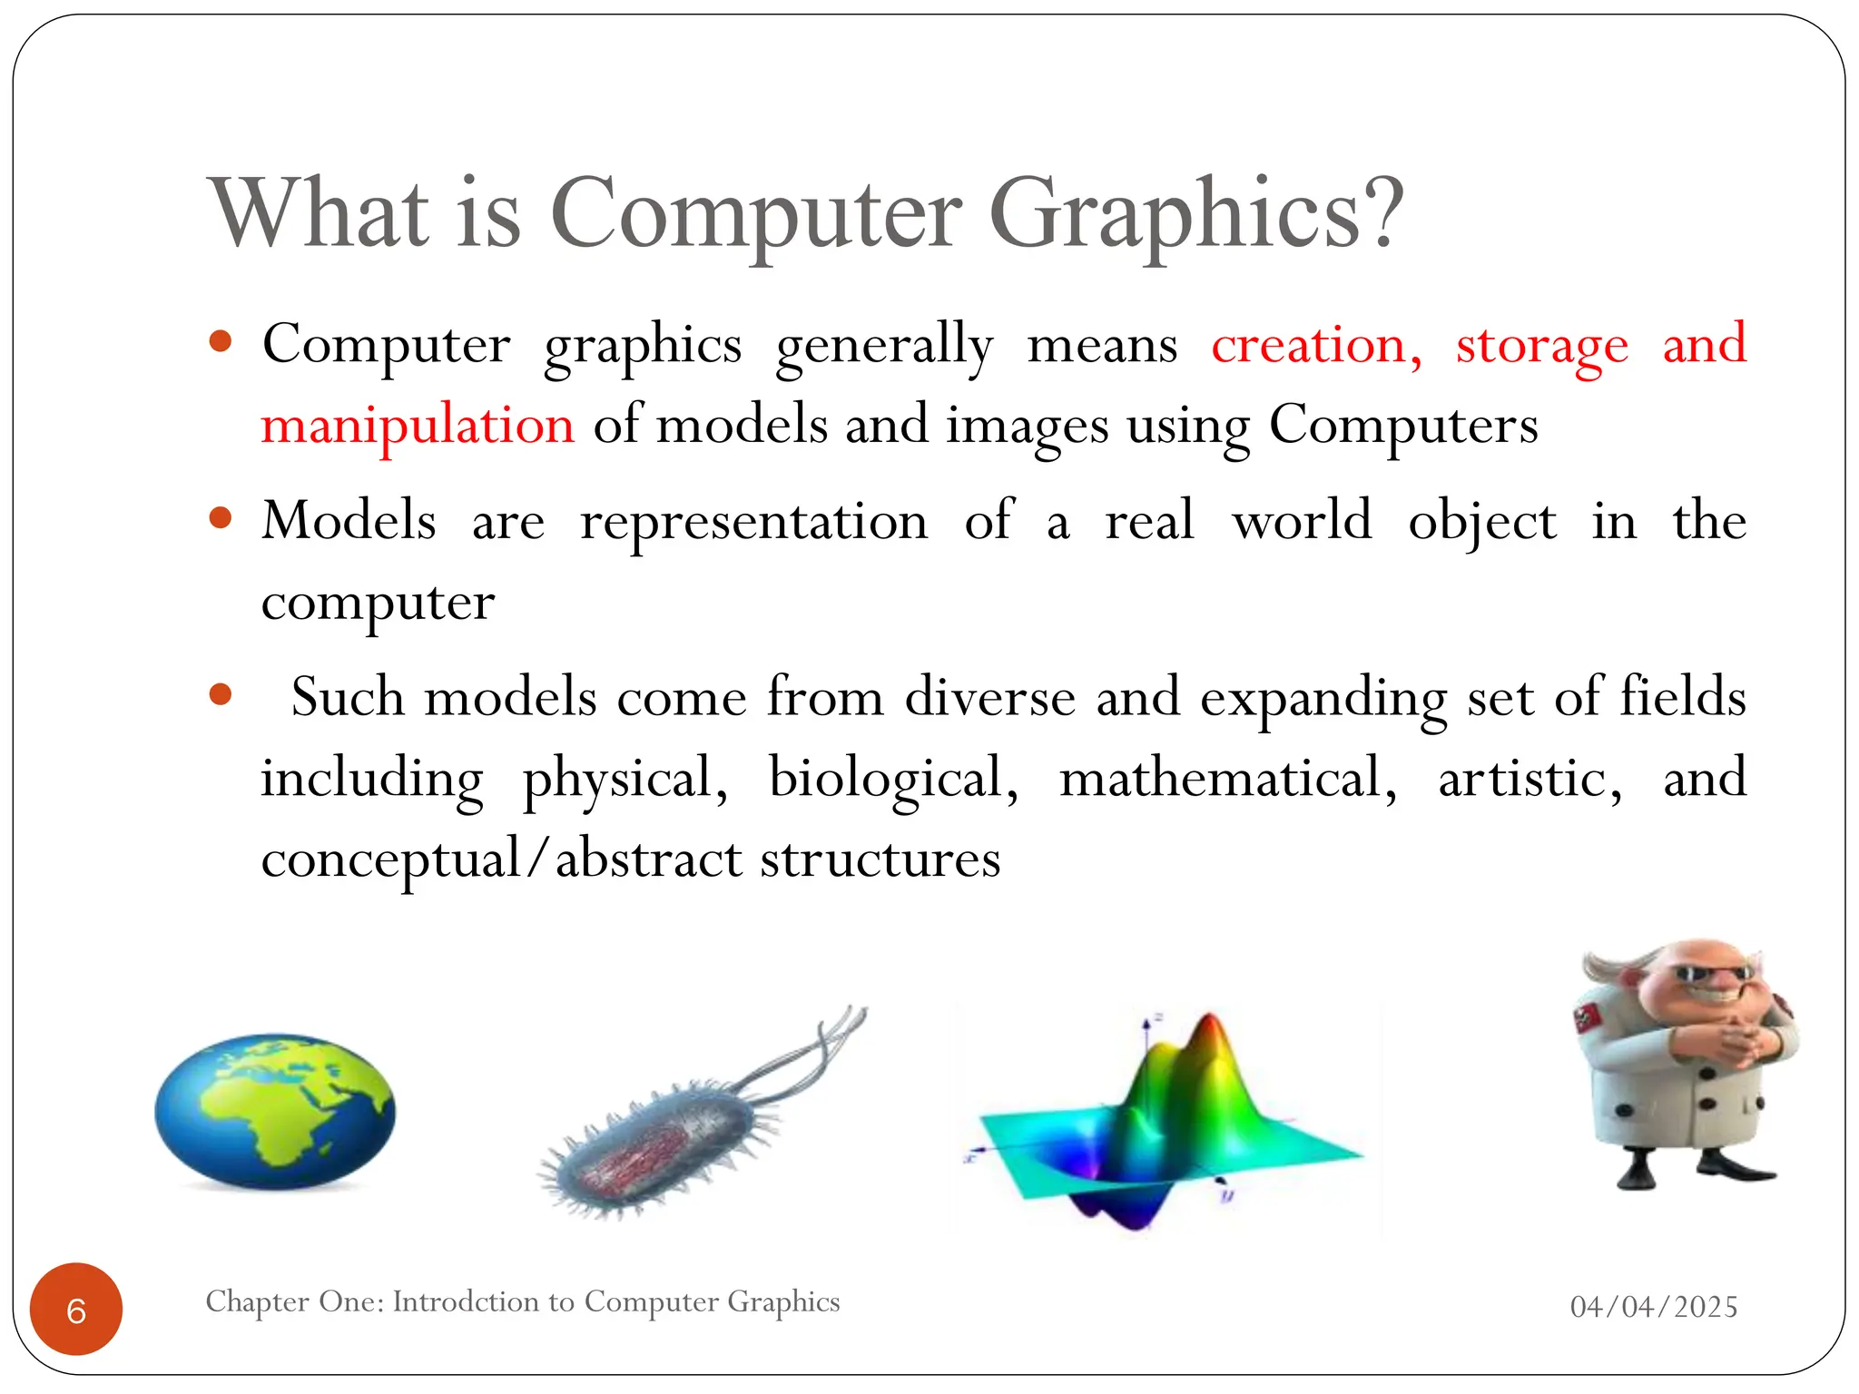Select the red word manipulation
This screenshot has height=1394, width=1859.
click(418, 426)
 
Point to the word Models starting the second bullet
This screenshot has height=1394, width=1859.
click(349, 521)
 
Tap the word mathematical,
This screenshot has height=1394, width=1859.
click(1228, 780)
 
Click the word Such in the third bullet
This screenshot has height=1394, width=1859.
click(347, 698)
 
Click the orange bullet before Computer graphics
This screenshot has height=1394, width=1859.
click(221, 342)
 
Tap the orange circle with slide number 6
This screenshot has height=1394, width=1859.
click(76, 1310)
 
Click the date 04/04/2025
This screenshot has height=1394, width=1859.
click(1653, 1307)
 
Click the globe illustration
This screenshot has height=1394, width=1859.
click(275, 1110)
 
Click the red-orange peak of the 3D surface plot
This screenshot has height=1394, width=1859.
click(1208, 1035)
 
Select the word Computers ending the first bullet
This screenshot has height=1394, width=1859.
click(1402, 426)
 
